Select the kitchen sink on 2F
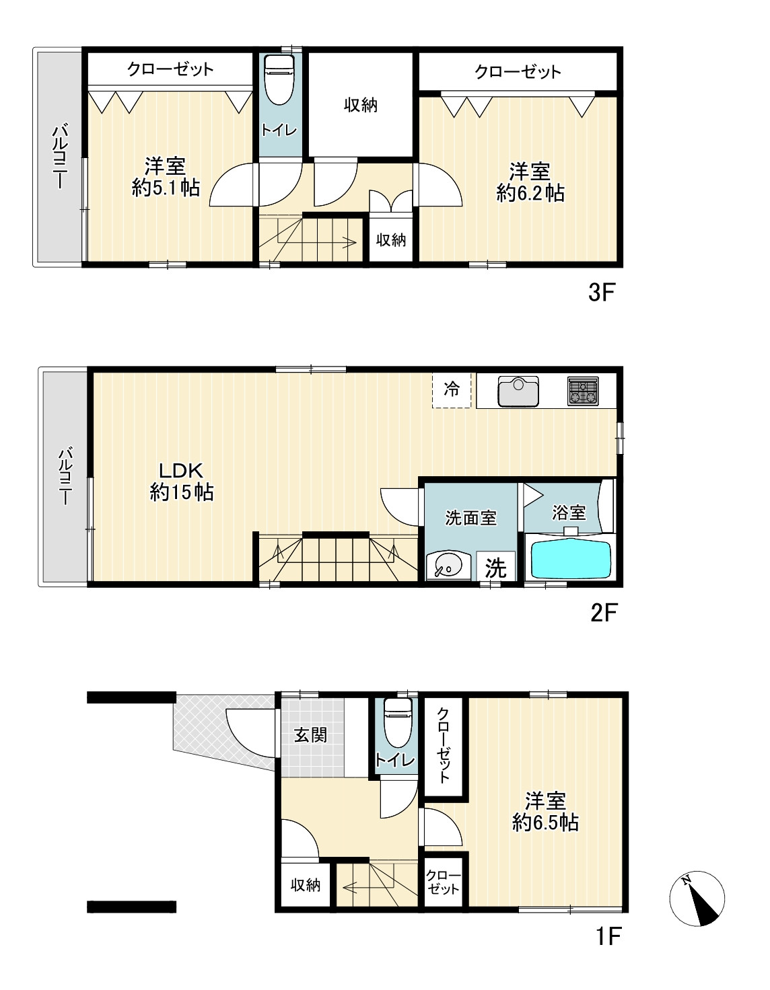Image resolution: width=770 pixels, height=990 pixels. coord(518,391)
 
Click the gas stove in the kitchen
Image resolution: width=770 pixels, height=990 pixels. coord(583,391)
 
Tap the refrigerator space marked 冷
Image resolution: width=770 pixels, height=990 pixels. coord(452,390)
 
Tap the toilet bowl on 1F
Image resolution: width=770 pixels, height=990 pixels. coord(398,724)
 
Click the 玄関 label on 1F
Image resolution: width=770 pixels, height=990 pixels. coord(310,734)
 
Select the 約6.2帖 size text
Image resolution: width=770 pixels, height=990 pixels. coord(530,194)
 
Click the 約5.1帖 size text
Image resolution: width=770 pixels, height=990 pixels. coord(166,188)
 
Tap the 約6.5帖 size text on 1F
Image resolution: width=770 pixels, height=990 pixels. coord(545,823)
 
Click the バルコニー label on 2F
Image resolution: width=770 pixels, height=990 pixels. coord(65,477)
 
